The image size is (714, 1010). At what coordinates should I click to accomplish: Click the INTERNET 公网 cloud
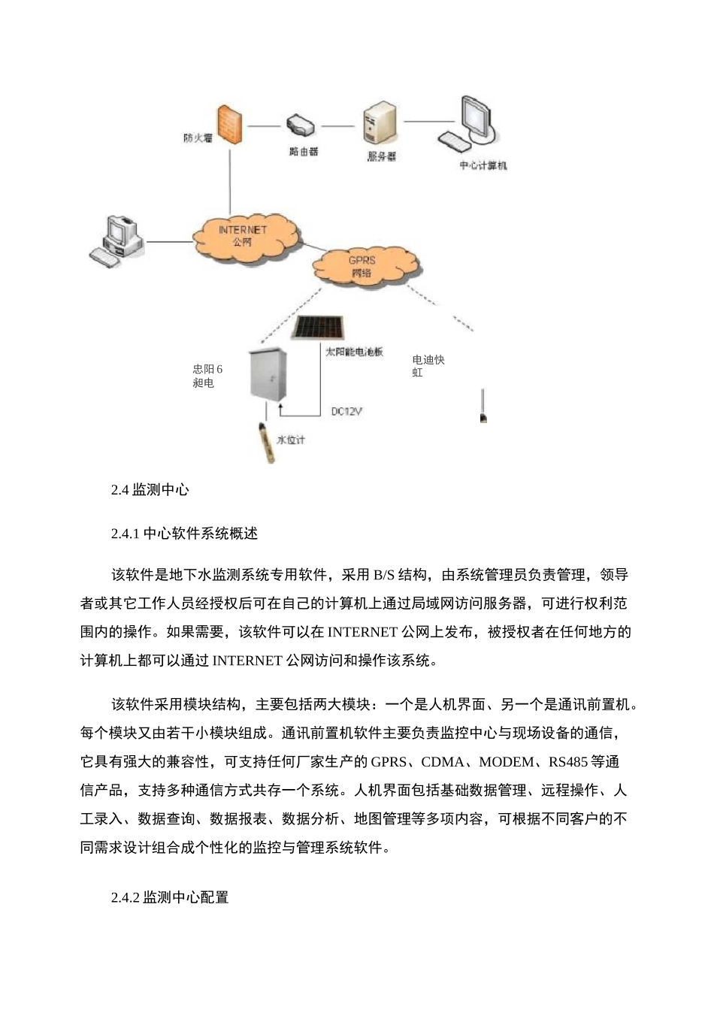242,235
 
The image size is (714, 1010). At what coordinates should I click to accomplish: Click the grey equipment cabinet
269,373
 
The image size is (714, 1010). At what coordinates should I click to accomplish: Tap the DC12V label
346,411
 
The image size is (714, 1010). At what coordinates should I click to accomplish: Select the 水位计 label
291,440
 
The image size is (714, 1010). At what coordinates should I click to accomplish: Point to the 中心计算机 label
483,165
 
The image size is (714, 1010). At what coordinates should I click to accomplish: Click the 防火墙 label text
198,138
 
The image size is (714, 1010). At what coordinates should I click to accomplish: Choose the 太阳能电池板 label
354,351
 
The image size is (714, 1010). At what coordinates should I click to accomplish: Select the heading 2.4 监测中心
150,490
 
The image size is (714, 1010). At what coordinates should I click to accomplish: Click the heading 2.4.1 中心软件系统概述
184,534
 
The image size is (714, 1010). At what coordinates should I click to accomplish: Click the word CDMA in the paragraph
443,762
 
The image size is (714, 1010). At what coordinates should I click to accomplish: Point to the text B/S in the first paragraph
383,575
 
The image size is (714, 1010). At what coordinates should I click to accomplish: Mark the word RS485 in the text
568,762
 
